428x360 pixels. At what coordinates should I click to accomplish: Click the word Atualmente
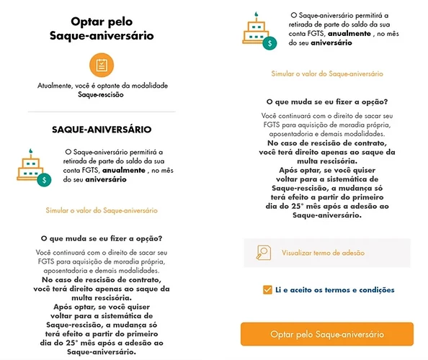57,86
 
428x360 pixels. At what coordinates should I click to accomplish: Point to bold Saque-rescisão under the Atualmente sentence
101,94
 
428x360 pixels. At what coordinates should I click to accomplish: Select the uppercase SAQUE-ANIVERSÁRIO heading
101,130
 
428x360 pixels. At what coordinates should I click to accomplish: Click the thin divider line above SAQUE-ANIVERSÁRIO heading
101,112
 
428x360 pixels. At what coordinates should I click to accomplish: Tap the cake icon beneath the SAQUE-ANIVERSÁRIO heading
30,164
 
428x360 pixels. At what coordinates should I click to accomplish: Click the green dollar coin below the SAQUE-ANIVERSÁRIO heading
44,179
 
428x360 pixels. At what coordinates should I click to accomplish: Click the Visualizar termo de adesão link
322,253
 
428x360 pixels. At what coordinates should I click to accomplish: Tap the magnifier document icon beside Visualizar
263,253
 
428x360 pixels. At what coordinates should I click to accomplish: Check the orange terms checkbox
268,290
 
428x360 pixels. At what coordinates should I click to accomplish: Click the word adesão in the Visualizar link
351,253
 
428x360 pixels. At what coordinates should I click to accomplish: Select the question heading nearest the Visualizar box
327,102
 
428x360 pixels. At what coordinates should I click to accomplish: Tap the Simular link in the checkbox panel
327,73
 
